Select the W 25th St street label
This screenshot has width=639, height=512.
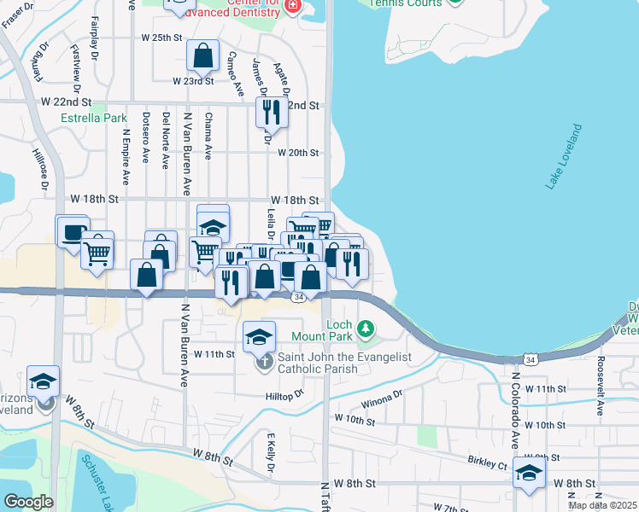click(x=162, y=38)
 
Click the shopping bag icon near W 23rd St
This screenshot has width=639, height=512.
click(x=203, y=56)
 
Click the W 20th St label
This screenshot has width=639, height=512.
click(x=298, y=154)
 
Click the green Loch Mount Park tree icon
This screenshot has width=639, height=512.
click(x=366, y=328)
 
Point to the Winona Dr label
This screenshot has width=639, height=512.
click(x=381, y=398)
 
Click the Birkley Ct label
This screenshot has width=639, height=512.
click(x=488, y=465)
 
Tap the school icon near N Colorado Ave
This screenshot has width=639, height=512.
click(x=529, y=474)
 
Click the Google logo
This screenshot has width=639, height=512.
click(x=28, y=502)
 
